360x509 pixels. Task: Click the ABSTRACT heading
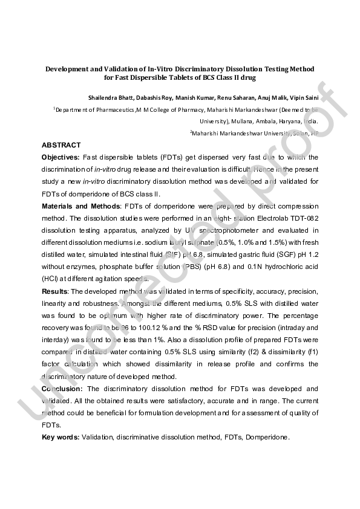(x=61, y=146)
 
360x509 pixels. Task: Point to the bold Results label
(x=55, y=291)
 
